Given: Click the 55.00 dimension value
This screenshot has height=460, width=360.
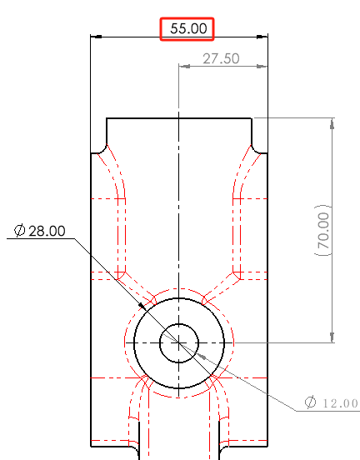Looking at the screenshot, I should pos(188,28).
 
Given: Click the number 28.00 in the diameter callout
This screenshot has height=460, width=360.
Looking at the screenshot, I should pos(47,231).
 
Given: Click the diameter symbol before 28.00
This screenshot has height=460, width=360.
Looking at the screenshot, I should pos(19,231).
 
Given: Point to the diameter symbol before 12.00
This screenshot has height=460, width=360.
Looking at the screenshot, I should pos(310,403).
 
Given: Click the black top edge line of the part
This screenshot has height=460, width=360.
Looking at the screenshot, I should pos(179,118).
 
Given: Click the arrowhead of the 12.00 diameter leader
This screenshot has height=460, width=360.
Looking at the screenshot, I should pos(202,352).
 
